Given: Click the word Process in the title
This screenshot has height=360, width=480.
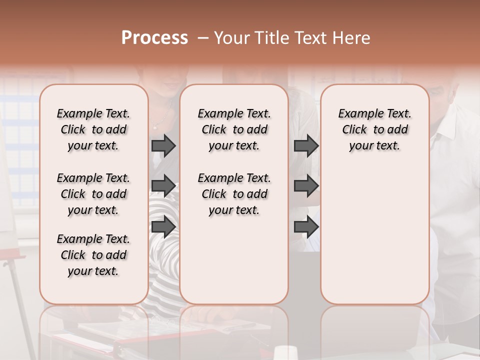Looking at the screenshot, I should click(x=154, y=38).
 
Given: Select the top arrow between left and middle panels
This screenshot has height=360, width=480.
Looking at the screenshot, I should click(x=163, y=145).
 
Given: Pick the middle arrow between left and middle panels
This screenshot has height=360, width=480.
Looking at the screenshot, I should click(x=163, y=186).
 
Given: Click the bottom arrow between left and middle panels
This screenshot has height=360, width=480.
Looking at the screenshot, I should click(x=163, y=226).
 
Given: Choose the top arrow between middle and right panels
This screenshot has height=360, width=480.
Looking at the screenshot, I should click(x=306, y=145).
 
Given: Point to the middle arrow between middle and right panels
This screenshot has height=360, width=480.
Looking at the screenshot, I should click(x=306, y=186).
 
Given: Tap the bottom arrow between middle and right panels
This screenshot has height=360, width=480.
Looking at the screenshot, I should click(x=306, y=226).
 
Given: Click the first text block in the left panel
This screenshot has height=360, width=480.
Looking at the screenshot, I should click(x=93, y=129).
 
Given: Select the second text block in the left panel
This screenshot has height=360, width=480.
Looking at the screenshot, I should click(x=93, y=194).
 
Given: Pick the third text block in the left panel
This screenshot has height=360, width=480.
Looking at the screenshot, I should click(x=93, y=255).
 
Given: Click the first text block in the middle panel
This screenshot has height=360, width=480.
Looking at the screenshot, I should click(x=234, y=129).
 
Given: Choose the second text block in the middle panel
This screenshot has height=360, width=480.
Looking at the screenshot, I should click(x=234, y=194).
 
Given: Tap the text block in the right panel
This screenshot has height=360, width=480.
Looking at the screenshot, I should click(x=374, y=129).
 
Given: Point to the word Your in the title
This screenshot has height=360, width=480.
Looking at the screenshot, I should click(x=231, y=38).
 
